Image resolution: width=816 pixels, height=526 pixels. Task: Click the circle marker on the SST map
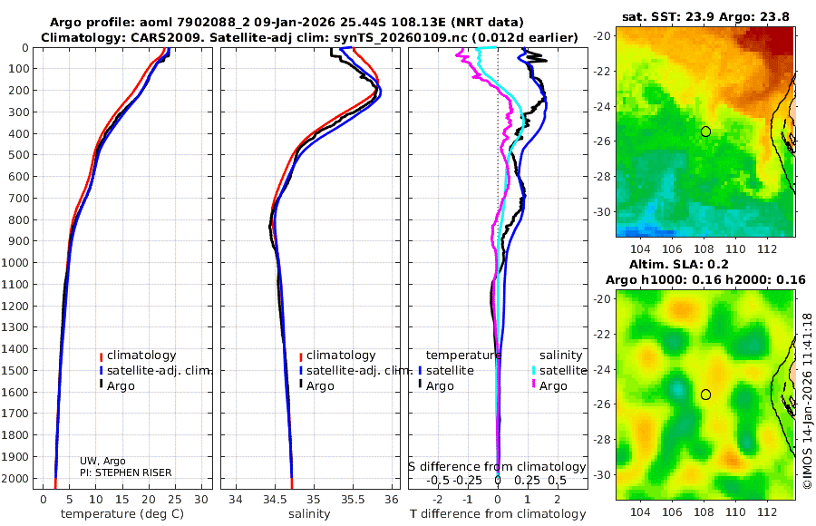pyautogui.click(x=705, y=131)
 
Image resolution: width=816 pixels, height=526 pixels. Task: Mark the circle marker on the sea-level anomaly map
pyautogui.click(x=705, y=394)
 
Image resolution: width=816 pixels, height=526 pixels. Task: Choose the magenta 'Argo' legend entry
pyautogui.click(x=553, y=385)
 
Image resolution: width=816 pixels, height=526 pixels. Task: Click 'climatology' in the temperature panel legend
pyautogui.click(x=141, y=356)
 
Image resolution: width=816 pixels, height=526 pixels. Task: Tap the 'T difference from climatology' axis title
pyautogui.click(x=498, y=514)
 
